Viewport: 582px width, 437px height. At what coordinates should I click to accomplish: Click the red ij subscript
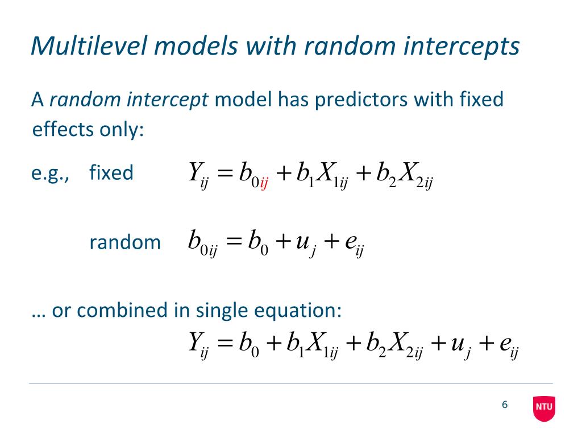pyautogui.click(x=264, y=184)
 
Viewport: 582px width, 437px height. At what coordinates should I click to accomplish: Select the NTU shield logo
pyautogui.click(x=544, y=408)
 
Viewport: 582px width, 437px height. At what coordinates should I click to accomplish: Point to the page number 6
pyautogui.click(x=504, y=405)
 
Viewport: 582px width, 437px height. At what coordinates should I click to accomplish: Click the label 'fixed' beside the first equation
pyautogui.click(x=111, y=172)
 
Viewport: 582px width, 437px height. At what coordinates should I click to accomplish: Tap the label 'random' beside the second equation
pyautogui.click(x=125, y=242)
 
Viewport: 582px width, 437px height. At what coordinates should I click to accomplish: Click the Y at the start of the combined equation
pyautogui.click(x=196, y=343)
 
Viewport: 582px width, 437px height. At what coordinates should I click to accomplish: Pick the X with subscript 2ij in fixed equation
pyautogui.click(x=407, y=173)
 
